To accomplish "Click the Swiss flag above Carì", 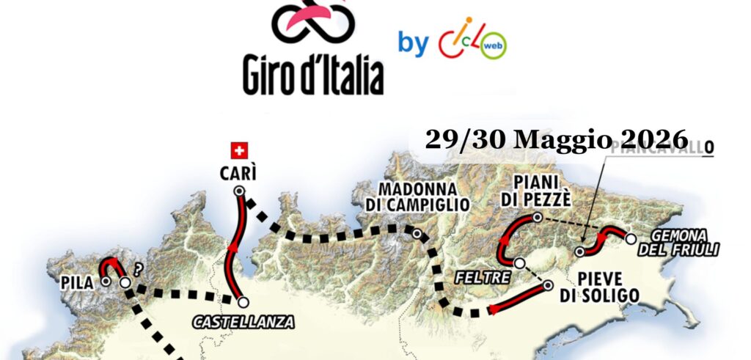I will (238, 150).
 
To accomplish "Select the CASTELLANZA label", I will (243, 321).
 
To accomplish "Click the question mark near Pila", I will (137, 268).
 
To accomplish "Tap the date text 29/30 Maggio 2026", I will (557, 139).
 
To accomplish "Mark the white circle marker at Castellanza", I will (243, 301).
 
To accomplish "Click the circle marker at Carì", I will (238, 191).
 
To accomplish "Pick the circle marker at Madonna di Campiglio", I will (417, 235).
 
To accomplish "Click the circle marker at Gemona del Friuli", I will (630, 238).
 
